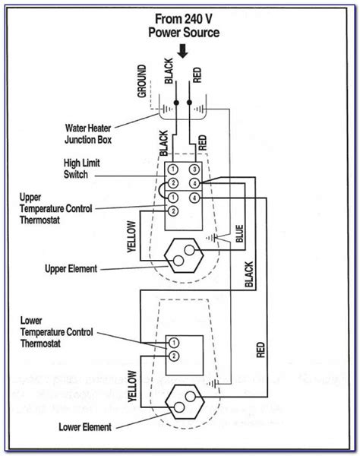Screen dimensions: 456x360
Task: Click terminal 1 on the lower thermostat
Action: [x=173, y=343]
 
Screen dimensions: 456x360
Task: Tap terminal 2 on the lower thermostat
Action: [x=173, y=356]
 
